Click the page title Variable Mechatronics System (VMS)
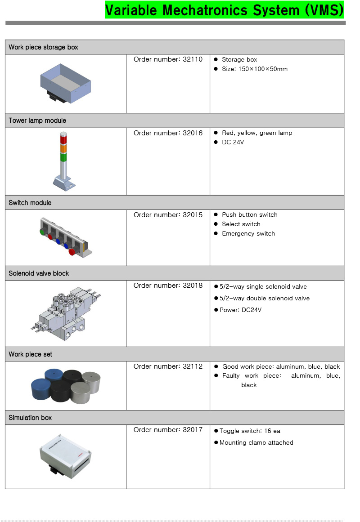pyautogui.click(x=224, y=9)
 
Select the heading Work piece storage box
pyautogui.click(x=43, y=47)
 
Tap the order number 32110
pyautogui.click(x=168, y=59)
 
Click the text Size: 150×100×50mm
pyautogui.click(x=254, y=69)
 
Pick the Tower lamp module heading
pyautogui.click(x=37, y=120)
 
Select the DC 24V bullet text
pyautogui.click(x=233, y=142)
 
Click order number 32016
pyautogui.click(x=168, y=133)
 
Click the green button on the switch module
pyautogui.click(x=42, y=232)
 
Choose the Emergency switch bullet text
pyautogui.click(x=248, y=233)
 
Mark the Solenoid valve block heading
pyautogui.click(x=39, y=273)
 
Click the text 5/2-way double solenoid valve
pyautogui.click(x=265, y=298)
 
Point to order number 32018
pyautogui.click(x=168, y=286)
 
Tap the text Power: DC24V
pyautogui.click(x=240, y=310)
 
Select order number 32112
pyautogui.click(x=168, y=366)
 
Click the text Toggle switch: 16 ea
pyautogui.click(x=250, y=431)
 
